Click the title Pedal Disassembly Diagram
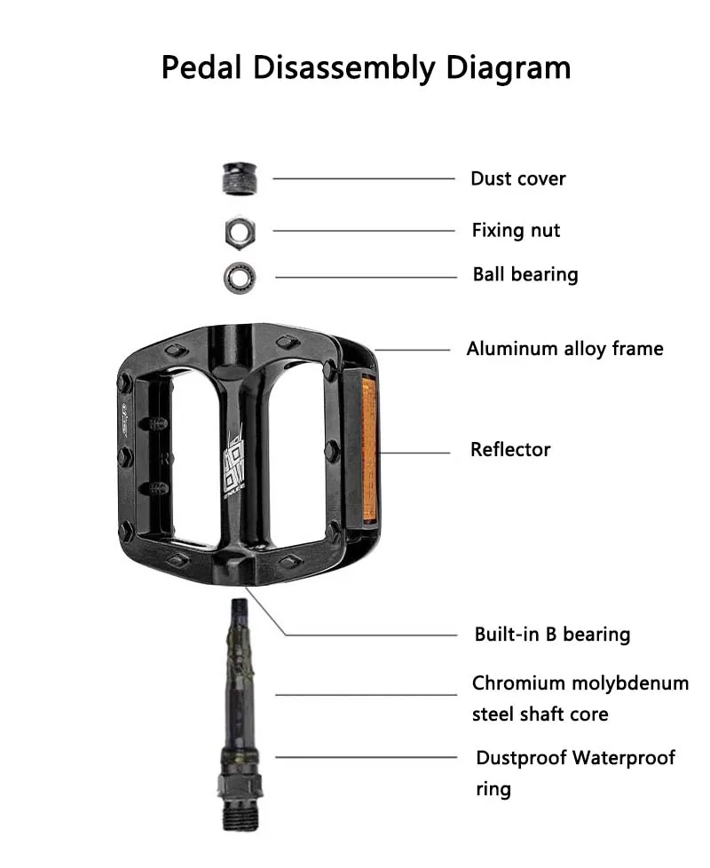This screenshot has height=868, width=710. (366, 67)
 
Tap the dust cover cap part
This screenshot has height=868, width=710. (239, 179)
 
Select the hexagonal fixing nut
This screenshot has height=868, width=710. (240, 232)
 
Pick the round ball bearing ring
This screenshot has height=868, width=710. (240, 276)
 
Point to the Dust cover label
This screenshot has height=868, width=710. (517, 179)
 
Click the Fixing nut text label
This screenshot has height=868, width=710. (516, 231)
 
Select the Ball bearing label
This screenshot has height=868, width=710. (525, 275)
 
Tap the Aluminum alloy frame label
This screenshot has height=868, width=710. (564, 349)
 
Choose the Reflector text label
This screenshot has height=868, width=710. (510, 450)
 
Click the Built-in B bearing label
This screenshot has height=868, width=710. (552, 635)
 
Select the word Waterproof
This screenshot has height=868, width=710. (623, 758)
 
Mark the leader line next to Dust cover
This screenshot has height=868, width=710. (363, 179)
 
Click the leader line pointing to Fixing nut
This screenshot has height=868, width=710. (363, 231)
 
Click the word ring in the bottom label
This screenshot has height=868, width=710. (493, 789)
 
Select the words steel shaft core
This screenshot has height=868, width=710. (540, 714)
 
